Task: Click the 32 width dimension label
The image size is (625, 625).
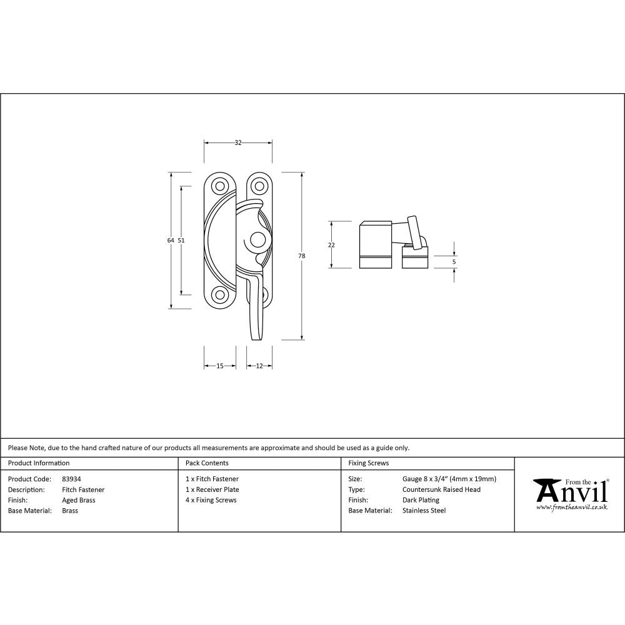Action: [238, 143]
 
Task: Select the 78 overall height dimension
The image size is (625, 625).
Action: [302, 256]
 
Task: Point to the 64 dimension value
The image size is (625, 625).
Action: [170, 240]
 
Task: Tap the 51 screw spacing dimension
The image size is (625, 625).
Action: [181, 240]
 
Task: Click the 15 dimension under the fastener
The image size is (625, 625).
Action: [220, 366]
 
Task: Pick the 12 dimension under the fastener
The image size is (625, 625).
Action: [259, 366]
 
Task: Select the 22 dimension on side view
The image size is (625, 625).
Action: [331, 245]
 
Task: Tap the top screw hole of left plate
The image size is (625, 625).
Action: [219, 186]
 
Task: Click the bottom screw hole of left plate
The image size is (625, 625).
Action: [219, 294]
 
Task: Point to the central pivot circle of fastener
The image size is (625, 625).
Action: [256, 240]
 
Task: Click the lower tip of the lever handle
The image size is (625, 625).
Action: [256, 337]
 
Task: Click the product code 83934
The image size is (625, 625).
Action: [71, 479]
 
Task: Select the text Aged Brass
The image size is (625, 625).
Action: [79, 500]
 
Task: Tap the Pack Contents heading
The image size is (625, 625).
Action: [207, 463]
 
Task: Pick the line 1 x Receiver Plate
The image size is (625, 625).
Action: [212, 489]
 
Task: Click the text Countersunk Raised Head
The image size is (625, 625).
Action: [441, 489]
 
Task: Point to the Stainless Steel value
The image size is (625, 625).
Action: [424, 511]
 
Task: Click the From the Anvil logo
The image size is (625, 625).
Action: [570, 494]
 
